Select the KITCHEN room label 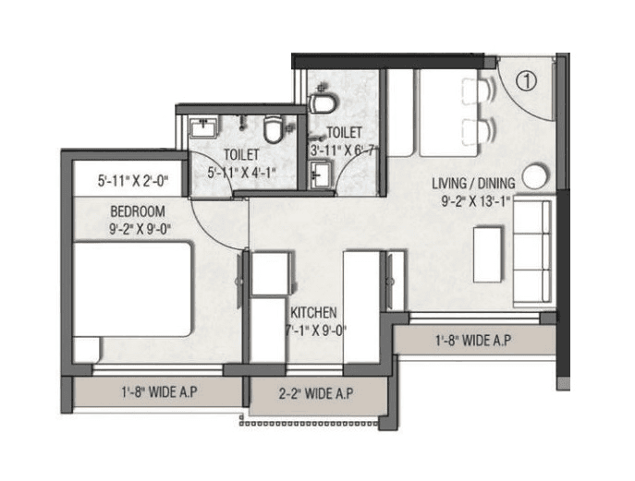pyautogui.click(x=313, y=313)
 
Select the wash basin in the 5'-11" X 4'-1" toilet pyautogui.click(x=202, y=127)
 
